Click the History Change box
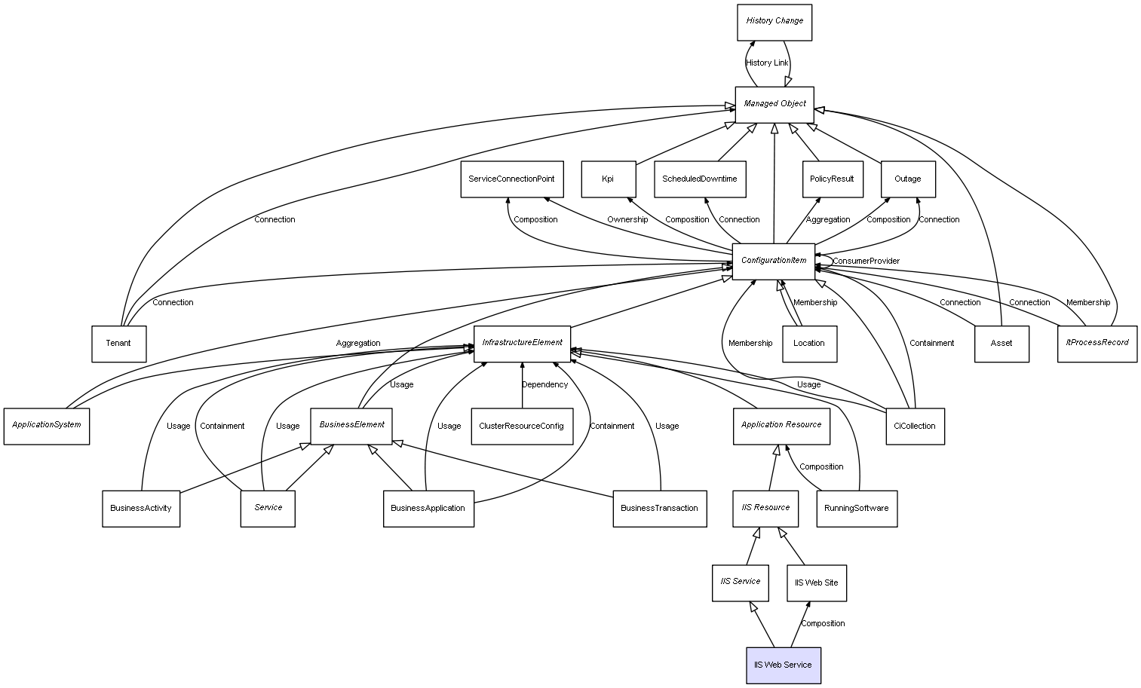tap(774, 22)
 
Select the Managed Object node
tap(774, 104)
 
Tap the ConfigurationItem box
tap(774, 261)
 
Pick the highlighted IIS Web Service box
tap(784, 665)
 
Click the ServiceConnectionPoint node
tap(511, 179)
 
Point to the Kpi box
tap(608, 179)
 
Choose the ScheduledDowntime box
tap(700, 179)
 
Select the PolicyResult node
tap(832, 179)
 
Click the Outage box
tap(908, 179)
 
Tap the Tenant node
tap(118, 344)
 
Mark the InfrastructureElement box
tap(522, 343)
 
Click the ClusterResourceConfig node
tap(521, 427)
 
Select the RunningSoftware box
tap(857, 509)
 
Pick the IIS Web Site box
tap(817, 583)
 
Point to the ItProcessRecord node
tap(1097, 343)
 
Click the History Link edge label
tap(767, 63)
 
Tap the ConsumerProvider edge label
tap(866, 261)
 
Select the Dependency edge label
tap(544, 385)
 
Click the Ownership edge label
tap(627, 220)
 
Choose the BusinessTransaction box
tap(659, 509)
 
